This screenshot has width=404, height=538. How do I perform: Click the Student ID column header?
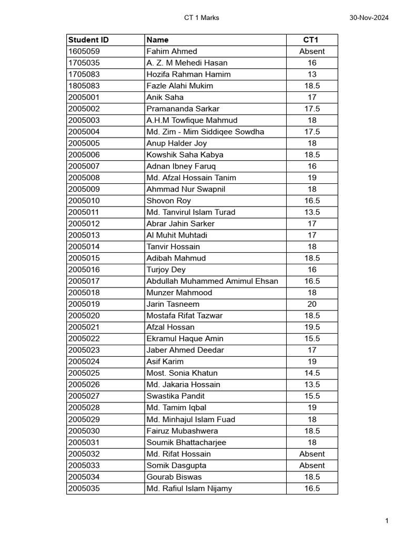point(88,40)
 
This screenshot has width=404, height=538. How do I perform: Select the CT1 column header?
point(312,40)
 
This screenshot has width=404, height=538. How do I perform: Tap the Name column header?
point(158,40)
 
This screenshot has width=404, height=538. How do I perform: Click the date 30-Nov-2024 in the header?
point(369,18)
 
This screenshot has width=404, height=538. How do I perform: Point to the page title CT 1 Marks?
point(201,18)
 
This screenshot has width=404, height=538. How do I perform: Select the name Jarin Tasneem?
point(173,304)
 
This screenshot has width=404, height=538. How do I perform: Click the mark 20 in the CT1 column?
point(312,304)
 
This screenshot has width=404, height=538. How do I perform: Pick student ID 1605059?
point(84,51)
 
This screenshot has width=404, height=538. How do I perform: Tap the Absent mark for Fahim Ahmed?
point(312,51)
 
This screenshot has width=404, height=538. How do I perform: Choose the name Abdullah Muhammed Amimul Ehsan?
point(213,281)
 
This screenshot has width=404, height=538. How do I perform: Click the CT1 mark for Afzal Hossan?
point(312,327)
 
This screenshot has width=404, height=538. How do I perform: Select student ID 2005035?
point(84,489)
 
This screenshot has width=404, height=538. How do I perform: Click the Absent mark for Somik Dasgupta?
point(312,465)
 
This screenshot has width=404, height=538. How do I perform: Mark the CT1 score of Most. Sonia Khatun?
point(312,373)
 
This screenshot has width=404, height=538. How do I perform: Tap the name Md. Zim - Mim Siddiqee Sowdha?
point(205,132)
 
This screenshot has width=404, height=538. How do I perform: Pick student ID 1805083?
point(84,86)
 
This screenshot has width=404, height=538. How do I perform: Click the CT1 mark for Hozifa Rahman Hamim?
point(312,75)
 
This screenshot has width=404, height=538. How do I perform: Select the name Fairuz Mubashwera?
point(183,431)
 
